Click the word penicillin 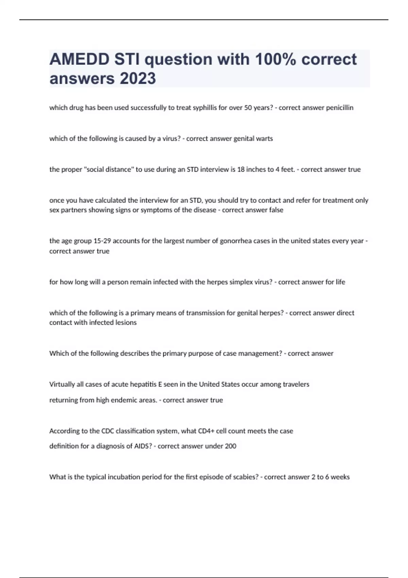coord(340,108)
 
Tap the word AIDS coord(143,446)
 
